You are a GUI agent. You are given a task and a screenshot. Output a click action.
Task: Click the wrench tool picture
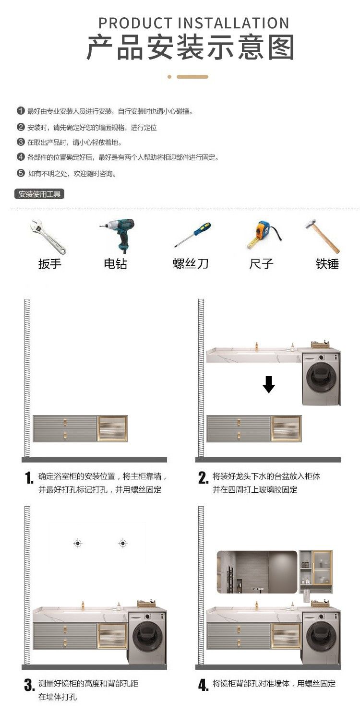(48, 237)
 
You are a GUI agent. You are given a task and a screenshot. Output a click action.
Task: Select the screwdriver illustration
(192, 235)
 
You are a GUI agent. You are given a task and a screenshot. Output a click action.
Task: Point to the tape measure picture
(264, 235)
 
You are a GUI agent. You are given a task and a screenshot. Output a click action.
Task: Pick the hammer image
(322, 236)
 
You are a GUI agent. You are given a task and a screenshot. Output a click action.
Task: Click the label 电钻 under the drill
(116, 264)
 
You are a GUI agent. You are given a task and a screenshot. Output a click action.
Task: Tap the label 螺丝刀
(190, 264)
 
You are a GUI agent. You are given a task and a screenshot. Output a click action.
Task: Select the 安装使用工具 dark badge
(39, 194)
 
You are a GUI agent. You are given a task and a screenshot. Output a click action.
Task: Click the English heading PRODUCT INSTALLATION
(193, 23)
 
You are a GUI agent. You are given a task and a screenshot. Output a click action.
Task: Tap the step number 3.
(29, 685)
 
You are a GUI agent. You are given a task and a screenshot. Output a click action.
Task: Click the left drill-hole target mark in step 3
(78, 543)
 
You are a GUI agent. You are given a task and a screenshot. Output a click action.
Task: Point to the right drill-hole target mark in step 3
(123, 543)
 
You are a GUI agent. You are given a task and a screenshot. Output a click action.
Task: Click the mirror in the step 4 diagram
(257, 572)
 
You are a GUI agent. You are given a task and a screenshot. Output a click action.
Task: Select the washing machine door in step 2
(321, 378)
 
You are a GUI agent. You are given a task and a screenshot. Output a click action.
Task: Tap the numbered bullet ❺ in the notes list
(21, 173)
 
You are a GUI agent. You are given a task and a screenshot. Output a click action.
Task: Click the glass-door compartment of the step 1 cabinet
(113, 428)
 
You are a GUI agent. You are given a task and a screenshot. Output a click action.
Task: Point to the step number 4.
(204, 685)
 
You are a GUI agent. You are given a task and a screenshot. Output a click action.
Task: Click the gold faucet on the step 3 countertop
(83, 605)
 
